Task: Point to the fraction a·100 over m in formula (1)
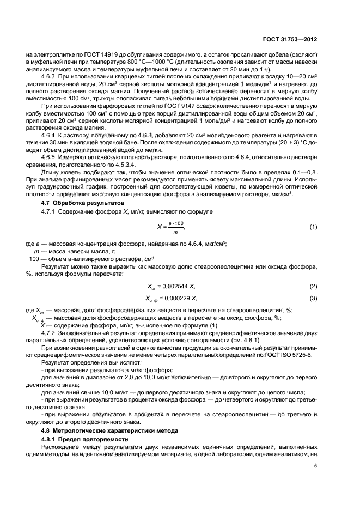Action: coord(176,226)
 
